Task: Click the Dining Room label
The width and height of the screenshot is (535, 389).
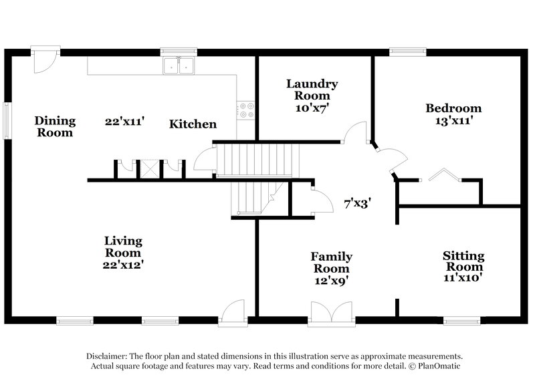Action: tap(56, 126)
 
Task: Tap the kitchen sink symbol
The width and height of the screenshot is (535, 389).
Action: tap(179, 66)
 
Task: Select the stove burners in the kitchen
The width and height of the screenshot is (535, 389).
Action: tap(246, 110)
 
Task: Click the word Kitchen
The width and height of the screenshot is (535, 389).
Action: tap(193, 124)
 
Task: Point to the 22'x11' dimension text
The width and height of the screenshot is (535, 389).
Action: tap(125, 122)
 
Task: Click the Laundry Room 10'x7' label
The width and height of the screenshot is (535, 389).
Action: tap(312, 94)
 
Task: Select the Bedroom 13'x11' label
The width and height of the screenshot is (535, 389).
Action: tap(453, 114)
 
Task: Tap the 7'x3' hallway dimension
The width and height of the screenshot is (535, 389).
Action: tap(357, 201)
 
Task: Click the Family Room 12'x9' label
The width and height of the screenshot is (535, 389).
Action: tap(331, 269)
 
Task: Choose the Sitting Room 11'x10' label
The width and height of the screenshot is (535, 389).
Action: tap(463, 265)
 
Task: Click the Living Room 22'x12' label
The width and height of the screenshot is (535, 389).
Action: tap(122, 253)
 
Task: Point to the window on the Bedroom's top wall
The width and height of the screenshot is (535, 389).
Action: tap(408, 50)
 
